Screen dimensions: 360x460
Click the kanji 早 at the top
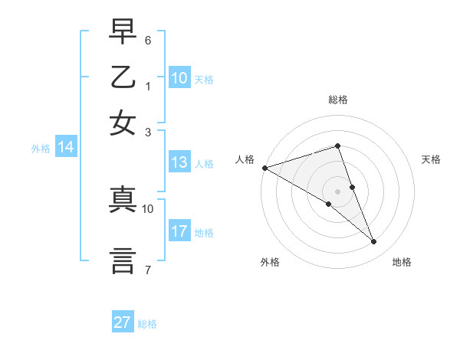123,31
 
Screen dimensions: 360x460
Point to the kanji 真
123,200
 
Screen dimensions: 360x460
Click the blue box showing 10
179,78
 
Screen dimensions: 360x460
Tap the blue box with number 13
179,162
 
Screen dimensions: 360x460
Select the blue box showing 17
179,231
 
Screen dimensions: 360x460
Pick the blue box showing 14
66,148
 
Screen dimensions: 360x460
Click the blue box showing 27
123,322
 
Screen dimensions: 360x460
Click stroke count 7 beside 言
148,270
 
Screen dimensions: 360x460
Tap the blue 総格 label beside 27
147,324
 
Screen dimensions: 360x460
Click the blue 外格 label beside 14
41,149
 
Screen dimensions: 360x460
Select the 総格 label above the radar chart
338,100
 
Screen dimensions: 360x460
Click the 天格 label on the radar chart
432,159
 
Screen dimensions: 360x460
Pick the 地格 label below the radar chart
402,262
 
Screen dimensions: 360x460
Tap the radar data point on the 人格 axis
264,168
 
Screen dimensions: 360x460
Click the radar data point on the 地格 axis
374,242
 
